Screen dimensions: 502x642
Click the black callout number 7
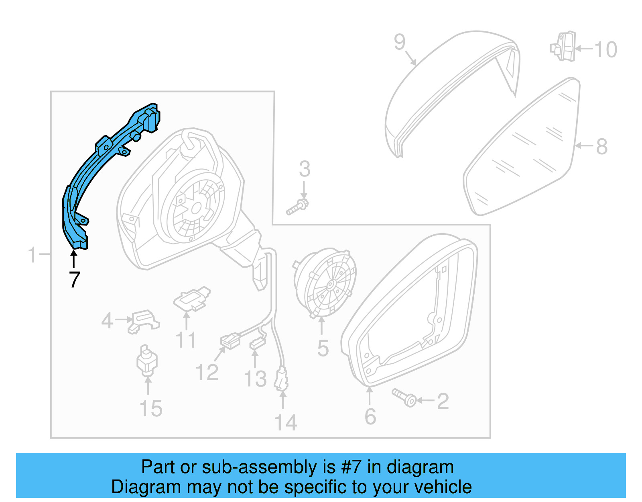point(75,280)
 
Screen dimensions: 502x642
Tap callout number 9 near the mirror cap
point(399,42)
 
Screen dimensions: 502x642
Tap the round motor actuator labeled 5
point(326,283)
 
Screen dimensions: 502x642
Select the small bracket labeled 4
point(143,321)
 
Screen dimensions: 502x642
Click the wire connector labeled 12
point(230,341)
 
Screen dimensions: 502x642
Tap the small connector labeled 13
point(257,344)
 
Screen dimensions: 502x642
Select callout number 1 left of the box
point(32,255)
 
